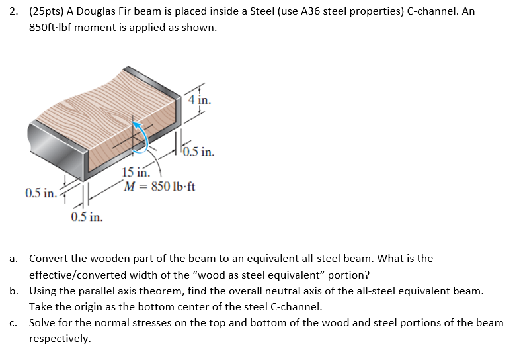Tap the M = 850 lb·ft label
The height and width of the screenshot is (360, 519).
pyautogui.click(x=159, y=186)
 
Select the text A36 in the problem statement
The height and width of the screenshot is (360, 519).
pyautogui.click(x=313, y=12)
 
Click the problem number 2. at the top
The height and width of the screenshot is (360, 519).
pyautogui.click(x=16, y=12)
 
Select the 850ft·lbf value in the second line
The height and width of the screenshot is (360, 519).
pyautogui.click(x=54, y=28)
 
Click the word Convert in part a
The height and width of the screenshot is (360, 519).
pyautogui.click(x=48, y=259)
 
